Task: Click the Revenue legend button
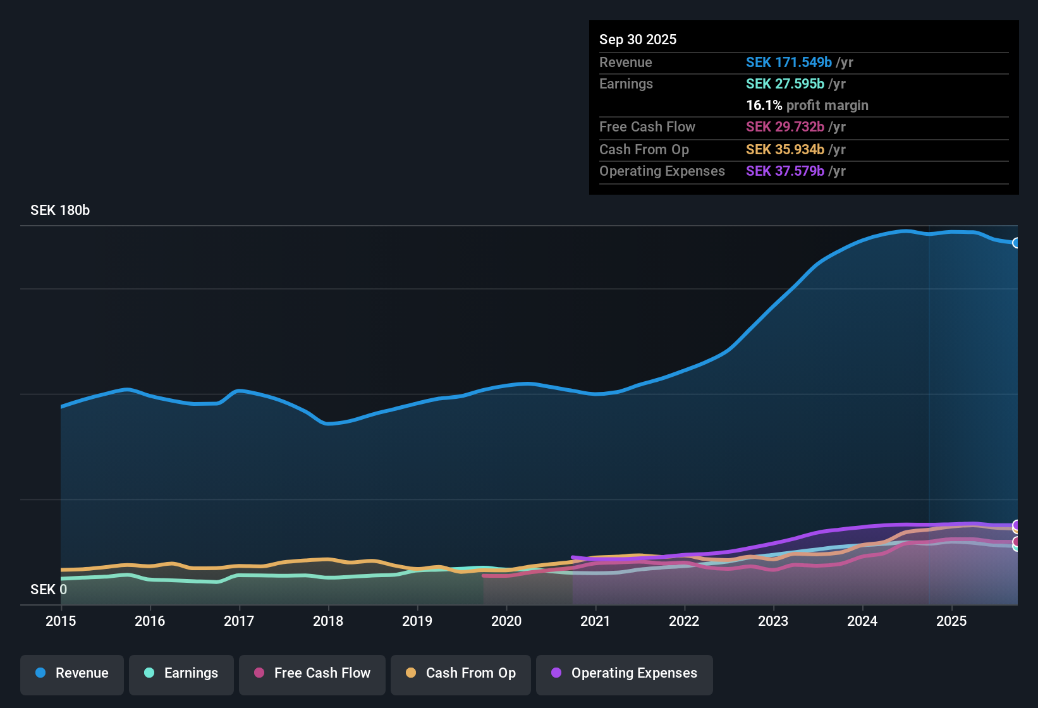pyautogui.click(x=72, y=673)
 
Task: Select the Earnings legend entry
pyautogui.click(x=181, y=673)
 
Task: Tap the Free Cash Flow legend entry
pyautogui.click(x=312, y=673)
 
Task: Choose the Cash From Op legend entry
pyautogui.click(x=461, y=673)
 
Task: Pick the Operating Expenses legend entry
pyautogui.click(x=625, y=673)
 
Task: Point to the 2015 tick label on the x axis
pyautogui.click(x=61, y=621)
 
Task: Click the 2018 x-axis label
pyautogui.click(x=328, y=621)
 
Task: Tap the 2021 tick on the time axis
pyautogui.click(x=595, y=621)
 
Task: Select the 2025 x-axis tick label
pyautogui.click(x=951, y=621)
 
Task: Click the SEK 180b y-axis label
pyautogui.click(x=60, y=211)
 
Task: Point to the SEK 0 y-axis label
pyautogui.click(x=49, y=590)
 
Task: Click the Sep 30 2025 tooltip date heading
pyautogui.click(x=638, y=40)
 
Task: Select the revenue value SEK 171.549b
pyautogui.click(x=789, y=63)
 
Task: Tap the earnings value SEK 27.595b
pyautogui.click(x=785, y=84)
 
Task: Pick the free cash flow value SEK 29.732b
pyautogui.click(x=785, y=127)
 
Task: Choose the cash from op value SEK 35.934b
pyautogui.click(x=785, y=150)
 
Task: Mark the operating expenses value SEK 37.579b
pyautogui.click(x=785, y=171)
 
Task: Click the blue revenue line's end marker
pyautogui.click(x=1016, y=243)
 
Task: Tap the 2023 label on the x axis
pyautogui.click(x=773, y=621)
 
